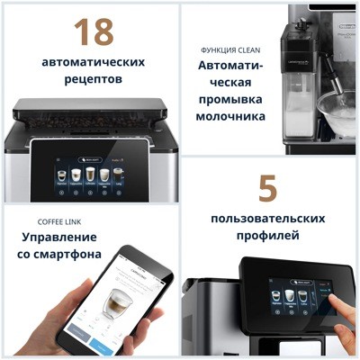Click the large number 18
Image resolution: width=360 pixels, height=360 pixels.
point(94,32)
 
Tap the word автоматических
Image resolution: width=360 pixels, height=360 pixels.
point(94,62)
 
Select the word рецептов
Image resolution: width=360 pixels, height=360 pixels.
point(94,79)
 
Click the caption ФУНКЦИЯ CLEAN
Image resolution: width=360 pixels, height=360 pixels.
point(231,49)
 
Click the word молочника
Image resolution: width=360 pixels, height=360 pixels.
point(231,116)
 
